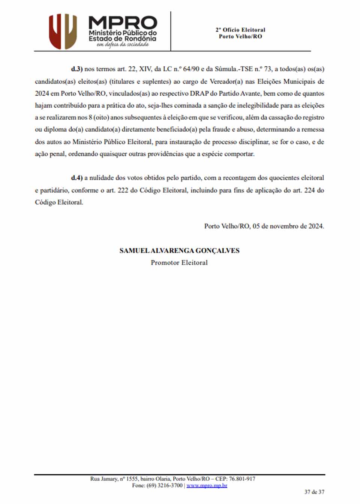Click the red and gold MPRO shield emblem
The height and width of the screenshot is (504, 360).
63,31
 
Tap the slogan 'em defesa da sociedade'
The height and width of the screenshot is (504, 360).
123,45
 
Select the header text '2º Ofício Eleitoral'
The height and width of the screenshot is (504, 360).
240,30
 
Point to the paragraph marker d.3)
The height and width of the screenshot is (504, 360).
76,69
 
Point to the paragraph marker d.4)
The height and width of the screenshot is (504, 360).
76,178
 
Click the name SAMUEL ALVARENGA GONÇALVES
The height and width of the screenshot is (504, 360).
179,250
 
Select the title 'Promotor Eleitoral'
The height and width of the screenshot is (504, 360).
179,262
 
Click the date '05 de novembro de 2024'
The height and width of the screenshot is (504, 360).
288,226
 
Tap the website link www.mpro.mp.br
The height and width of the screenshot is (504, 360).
207,485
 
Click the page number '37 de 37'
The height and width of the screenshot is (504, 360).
314,492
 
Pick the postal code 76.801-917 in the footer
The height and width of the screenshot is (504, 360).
242,479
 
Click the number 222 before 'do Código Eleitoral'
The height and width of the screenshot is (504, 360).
123,190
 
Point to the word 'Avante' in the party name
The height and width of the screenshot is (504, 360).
250,93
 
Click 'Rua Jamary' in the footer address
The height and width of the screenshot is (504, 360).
103,479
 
